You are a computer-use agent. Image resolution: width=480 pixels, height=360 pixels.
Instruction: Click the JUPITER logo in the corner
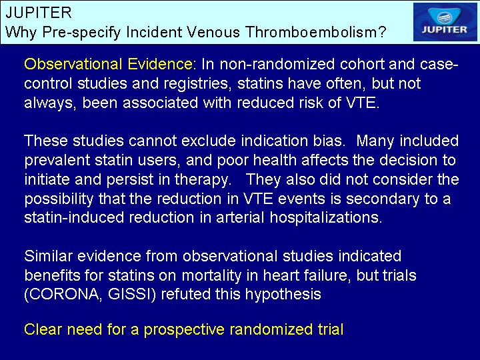point(445,22)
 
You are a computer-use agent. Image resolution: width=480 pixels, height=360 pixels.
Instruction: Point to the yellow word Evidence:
point(161,64)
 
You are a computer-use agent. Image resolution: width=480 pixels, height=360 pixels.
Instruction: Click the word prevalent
point(57,161)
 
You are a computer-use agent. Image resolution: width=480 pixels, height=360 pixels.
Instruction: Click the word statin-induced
point(74,217)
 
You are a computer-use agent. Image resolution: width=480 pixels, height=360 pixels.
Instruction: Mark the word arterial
point(240,217)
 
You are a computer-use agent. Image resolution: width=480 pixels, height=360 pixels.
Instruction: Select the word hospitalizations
point(326,218)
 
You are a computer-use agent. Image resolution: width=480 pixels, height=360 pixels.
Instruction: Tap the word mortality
point(211,275)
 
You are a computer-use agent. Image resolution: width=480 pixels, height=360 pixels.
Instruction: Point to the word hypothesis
point(283,295)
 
